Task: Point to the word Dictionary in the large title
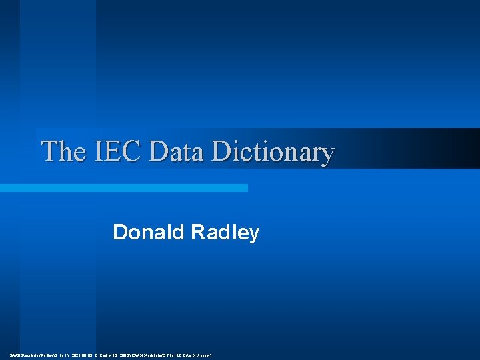(272, 153)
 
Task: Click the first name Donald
(149, 233)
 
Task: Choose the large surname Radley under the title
(225, 233)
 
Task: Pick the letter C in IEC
(132, 151)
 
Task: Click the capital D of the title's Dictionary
(221, 151)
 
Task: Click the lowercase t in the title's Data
(183, 152)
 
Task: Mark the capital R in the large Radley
(198, 233)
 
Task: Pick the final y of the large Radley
(253, 235)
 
